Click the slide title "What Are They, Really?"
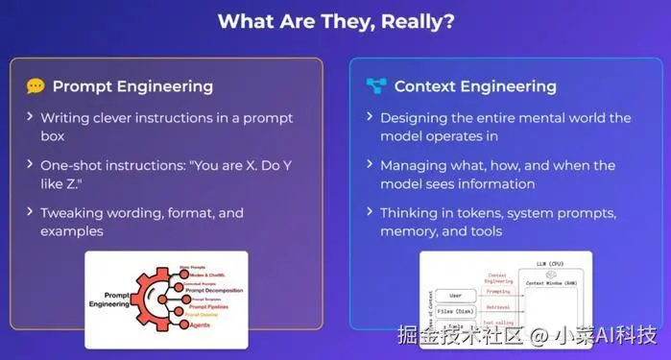click(335, 20)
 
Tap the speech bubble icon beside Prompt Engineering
click(36, 86)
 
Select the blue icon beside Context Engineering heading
click(376, 86)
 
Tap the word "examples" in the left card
click(72, 230)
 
